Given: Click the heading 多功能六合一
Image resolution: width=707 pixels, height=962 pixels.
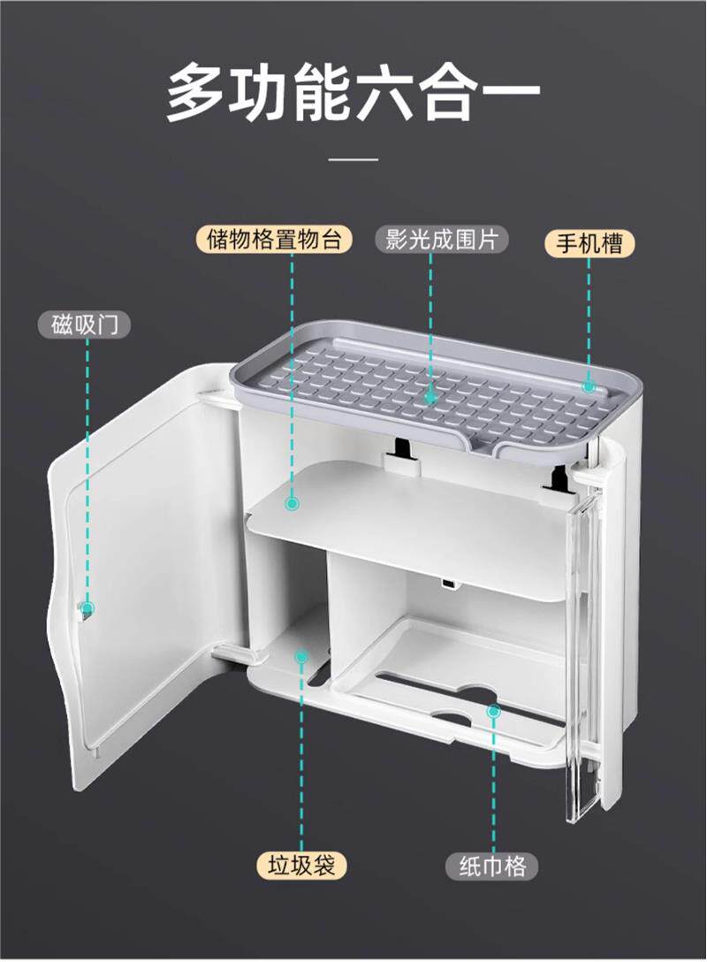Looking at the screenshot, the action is pos(353,91).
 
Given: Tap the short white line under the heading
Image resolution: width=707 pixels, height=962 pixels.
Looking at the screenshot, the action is pos(353,160).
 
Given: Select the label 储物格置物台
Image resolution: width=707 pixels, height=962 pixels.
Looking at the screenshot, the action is pos(274,240).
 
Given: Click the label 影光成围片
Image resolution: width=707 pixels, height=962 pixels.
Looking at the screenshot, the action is pos(440,240).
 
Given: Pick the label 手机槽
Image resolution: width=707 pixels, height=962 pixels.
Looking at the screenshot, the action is pos(589,243).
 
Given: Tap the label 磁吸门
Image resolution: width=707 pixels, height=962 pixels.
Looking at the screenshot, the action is pos(85,324).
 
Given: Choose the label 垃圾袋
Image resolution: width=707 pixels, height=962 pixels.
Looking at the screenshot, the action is pos(301,865).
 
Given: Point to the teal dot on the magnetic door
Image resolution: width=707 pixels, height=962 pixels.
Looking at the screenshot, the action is pos(87,608).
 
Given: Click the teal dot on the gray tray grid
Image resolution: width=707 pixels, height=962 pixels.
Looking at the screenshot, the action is pos(431,398).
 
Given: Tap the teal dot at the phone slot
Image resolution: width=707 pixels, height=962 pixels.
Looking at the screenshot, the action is pos(589,386).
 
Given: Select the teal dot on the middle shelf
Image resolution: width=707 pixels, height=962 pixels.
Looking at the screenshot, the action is pos(292,503).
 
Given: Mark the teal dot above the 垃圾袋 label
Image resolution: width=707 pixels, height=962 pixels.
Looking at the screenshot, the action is pos(301,658).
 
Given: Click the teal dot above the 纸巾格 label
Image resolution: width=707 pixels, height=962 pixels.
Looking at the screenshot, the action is pos(495,710).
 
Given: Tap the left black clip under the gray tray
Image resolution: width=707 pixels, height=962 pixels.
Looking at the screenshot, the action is pos(399,450).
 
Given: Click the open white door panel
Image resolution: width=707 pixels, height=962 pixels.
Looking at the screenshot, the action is pos(141,566).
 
